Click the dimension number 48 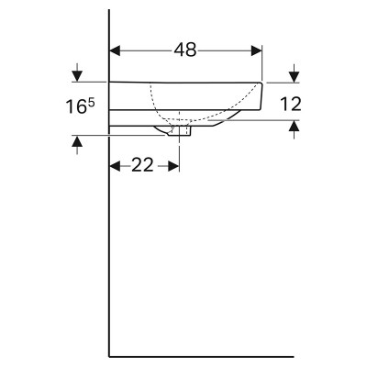(185, 50)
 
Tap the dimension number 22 (142, 165)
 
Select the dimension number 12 (291, 104)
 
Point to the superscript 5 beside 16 (91, 104)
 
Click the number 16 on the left (76, 107)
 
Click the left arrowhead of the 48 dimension (115, 50)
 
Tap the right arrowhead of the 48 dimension (257, 50)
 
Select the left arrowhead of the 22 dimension (115, 166)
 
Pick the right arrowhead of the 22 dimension (173, 166)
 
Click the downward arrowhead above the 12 (294, 76)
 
